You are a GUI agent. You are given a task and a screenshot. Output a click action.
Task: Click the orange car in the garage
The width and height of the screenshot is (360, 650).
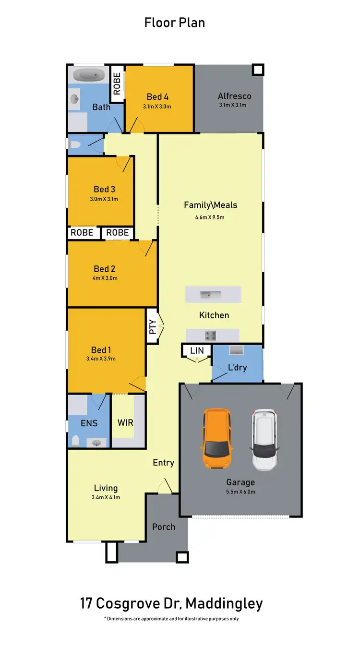click(218, 439)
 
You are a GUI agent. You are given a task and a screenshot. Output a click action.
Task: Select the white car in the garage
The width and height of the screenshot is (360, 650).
click(264, 439)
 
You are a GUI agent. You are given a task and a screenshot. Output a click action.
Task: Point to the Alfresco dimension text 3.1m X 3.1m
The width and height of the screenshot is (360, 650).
click(233, 105)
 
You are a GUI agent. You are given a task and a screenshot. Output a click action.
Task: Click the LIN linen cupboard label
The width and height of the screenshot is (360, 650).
click(197, 351)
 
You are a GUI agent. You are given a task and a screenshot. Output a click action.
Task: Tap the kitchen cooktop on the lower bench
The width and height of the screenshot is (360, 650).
click(211, 335)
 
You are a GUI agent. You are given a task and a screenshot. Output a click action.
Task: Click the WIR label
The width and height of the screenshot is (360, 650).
click(125, 423)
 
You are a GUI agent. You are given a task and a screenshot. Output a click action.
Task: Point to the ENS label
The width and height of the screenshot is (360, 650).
click(89, 423)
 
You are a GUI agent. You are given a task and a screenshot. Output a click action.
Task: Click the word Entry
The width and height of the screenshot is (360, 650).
click(163, 463)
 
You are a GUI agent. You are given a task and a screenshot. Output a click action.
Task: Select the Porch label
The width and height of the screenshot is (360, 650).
click(164, 527)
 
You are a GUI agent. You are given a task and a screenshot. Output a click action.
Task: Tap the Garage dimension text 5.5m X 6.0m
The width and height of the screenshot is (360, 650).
click(240, 492)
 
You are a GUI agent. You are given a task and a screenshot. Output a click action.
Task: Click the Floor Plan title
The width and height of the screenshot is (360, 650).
click(175, 22)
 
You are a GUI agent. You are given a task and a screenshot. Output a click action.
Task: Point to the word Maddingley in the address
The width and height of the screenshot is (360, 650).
click(224, 604)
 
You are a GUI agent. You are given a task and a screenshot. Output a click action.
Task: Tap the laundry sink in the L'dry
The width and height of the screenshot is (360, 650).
click(237, 349)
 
